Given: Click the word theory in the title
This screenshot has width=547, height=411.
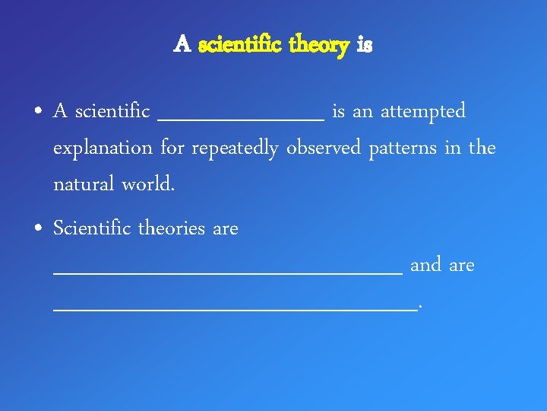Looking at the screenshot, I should click(318, 46).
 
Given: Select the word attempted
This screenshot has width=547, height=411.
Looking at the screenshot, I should click(423, 112).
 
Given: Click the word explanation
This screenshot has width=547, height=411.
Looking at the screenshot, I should click(103, 148).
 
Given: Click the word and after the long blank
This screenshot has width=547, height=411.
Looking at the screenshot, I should click(425, 266).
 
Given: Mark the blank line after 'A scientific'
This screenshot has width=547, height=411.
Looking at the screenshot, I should click(240, 119).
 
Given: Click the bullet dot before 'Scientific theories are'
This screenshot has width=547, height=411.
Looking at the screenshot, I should click(37, 229).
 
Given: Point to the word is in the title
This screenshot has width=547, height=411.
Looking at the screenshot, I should click(364, 46).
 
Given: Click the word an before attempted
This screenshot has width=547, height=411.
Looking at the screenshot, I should click(362, 113).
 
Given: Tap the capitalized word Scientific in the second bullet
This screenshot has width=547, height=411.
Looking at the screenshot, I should click(90, 228).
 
